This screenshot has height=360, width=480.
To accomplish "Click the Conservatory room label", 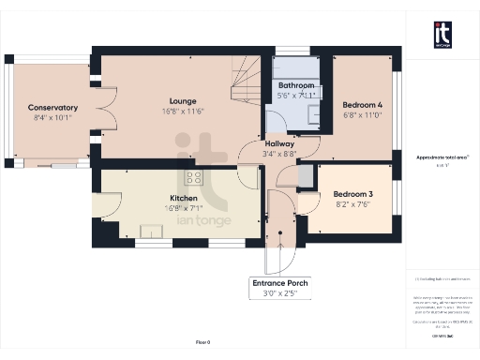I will click(52, 108).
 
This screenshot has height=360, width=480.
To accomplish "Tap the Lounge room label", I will click(182, 100).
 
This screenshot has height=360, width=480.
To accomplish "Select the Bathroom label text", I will click(296, 85).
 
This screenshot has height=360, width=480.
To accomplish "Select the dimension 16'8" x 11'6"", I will click(182, 112).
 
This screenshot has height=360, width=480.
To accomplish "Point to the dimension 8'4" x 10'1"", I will click(52, 119).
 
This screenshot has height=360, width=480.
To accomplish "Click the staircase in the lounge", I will click(245, 82).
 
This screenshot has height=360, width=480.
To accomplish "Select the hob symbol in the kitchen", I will click(196, 176).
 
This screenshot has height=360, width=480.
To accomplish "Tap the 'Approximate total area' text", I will click(443, 157).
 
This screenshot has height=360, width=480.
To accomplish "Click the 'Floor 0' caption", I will click(202, 343).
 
